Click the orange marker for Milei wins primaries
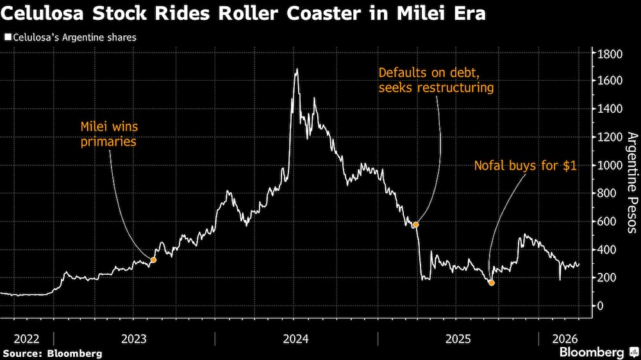pos(153,260)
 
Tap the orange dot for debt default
pos(416,225)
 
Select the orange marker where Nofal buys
pos(492,282)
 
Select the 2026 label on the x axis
pos(565,338)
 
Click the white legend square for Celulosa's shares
pos(7,38)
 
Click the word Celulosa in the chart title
pos(44,13)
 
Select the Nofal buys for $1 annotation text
pos(525,166)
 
